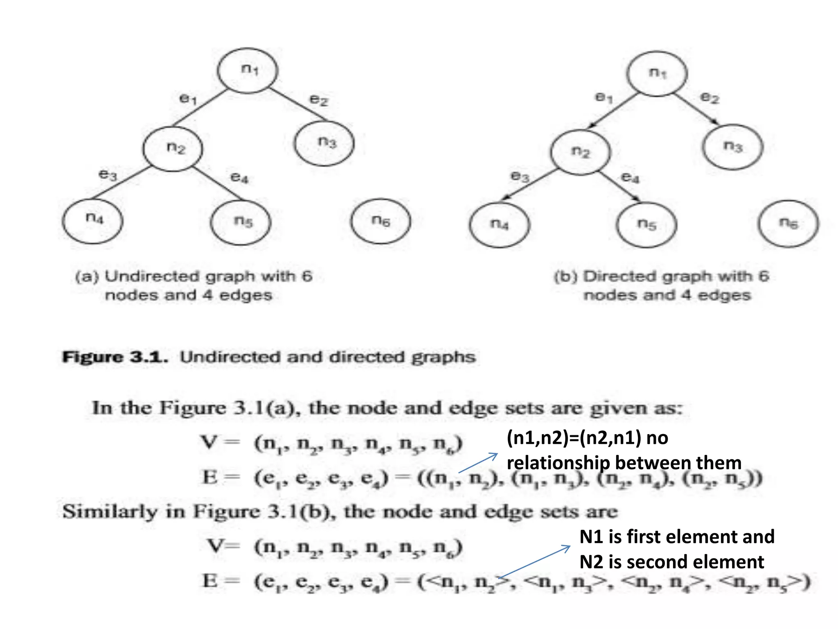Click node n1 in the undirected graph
coord(248,70)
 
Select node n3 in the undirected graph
coord(324,143)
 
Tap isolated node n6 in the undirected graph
coord(381,222)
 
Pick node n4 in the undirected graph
coord(93,221)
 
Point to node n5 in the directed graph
coord(647,225)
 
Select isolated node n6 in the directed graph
coord(788,224)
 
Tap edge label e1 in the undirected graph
coord(188,98)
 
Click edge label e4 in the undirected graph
coord(239,177)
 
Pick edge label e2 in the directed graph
coord(710,98)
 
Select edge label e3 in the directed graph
coord(520,176)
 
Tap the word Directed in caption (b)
coord(620,276)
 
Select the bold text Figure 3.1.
coord(115,357)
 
